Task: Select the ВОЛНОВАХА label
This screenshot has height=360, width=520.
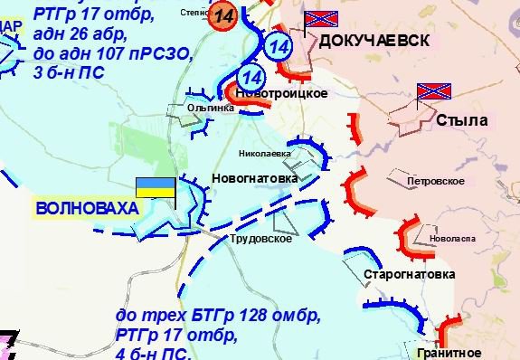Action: (88, 208)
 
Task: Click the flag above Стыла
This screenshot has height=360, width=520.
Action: (432, 90)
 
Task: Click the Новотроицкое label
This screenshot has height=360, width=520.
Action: (279, 93)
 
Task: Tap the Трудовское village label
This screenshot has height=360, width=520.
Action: (260, 239)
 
